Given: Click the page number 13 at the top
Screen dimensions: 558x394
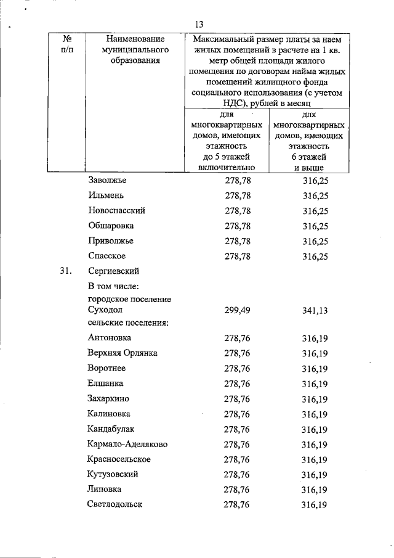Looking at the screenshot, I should tap(198, 25).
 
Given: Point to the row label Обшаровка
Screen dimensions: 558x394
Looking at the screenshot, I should tap(111, 226).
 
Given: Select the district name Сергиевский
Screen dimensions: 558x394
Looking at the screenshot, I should tap(114, 271).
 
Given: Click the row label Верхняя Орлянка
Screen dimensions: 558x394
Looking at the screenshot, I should tap(123, 353).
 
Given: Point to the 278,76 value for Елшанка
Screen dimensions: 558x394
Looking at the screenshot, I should tap(237, 384).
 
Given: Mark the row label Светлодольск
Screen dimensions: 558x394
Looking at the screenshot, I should tap(115, 504).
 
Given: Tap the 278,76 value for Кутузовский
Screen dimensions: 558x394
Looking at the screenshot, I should tap(237, 474).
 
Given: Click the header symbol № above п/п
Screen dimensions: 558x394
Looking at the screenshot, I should tap(67, 38).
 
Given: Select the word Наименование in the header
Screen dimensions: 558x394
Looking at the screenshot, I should tap(128, 38).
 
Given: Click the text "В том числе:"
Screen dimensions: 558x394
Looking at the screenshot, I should tap(114, 286).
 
